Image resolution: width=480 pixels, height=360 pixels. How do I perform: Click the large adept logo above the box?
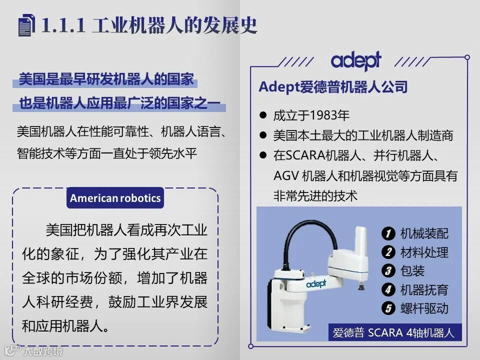356,60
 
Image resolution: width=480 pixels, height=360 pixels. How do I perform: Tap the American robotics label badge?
115,198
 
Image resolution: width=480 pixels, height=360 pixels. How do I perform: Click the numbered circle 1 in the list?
388,233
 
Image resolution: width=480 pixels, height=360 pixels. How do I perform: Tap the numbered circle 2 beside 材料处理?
388,252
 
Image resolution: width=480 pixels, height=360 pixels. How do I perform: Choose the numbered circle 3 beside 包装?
388,271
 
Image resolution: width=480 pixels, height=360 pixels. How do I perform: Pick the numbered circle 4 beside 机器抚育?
388,289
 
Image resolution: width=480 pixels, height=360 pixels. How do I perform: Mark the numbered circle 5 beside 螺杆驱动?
388,308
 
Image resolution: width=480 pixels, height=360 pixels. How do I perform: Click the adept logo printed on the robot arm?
316,284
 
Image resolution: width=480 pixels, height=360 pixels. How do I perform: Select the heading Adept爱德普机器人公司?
333,87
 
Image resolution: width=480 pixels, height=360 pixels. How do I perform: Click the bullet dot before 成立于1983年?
262,115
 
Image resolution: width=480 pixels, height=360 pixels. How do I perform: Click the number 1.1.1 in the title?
63,25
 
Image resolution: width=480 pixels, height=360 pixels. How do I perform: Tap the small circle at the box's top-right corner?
467,57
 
